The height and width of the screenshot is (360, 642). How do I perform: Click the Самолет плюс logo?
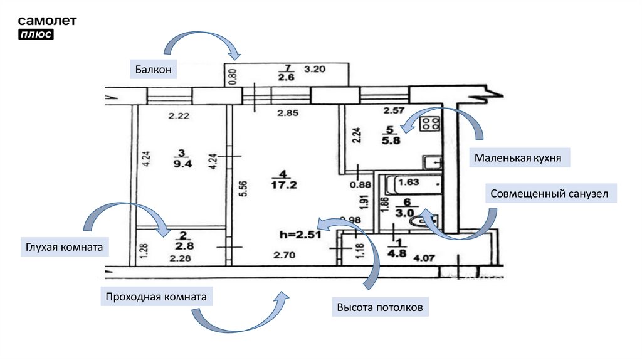click(47, 28)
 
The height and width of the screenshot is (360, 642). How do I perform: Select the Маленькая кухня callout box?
click(517, 157)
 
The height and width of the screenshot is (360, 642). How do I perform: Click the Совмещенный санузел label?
click(550, 194)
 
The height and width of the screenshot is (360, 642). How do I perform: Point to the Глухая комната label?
click(65, 248)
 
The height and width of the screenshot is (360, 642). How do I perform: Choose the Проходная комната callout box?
click(156, 296)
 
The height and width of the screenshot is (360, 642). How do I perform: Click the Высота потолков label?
click(380, 307)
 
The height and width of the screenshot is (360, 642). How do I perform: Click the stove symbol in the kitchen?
click(430, 124)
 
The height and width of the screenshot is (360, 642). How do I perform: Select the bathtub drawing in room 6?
click(413, 184)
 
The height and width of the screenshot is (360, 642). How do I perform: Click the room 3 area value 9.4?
click(182, 166)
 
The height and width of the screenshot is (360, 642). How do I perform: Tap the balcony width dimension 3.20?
click(315, 70)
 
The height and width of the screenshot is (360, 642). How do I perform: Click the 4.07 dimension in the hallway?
click(425, 257)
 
